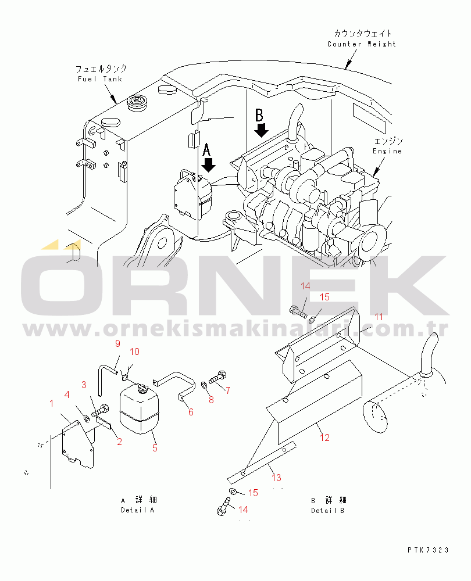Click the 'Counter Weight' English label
click(362, 44)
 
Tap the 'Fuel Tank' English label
click(100, 79)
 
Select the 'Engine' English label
click(387, 151)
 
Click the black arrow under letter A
click(208, 164)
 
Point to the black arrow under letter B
click(262, 130)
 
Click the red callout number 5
click(155, 448)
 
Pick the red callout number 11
click(379, 317)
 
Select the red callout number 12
click(324, 437)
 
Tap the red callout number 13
click(276, 478)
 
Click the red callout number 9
click(117, 343)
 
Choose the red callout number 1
click(52, 403)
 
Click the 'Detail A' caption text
click(137, 510)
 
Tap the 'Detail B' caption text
click(327, 511)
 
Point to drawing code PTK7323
click(428, 550)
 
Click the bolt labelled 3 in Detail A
click(100, 410)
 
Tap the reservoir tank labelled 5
click(140, 408)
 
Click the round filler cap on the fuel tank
click(137, 102)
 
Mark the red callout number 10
click(135, 352)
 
